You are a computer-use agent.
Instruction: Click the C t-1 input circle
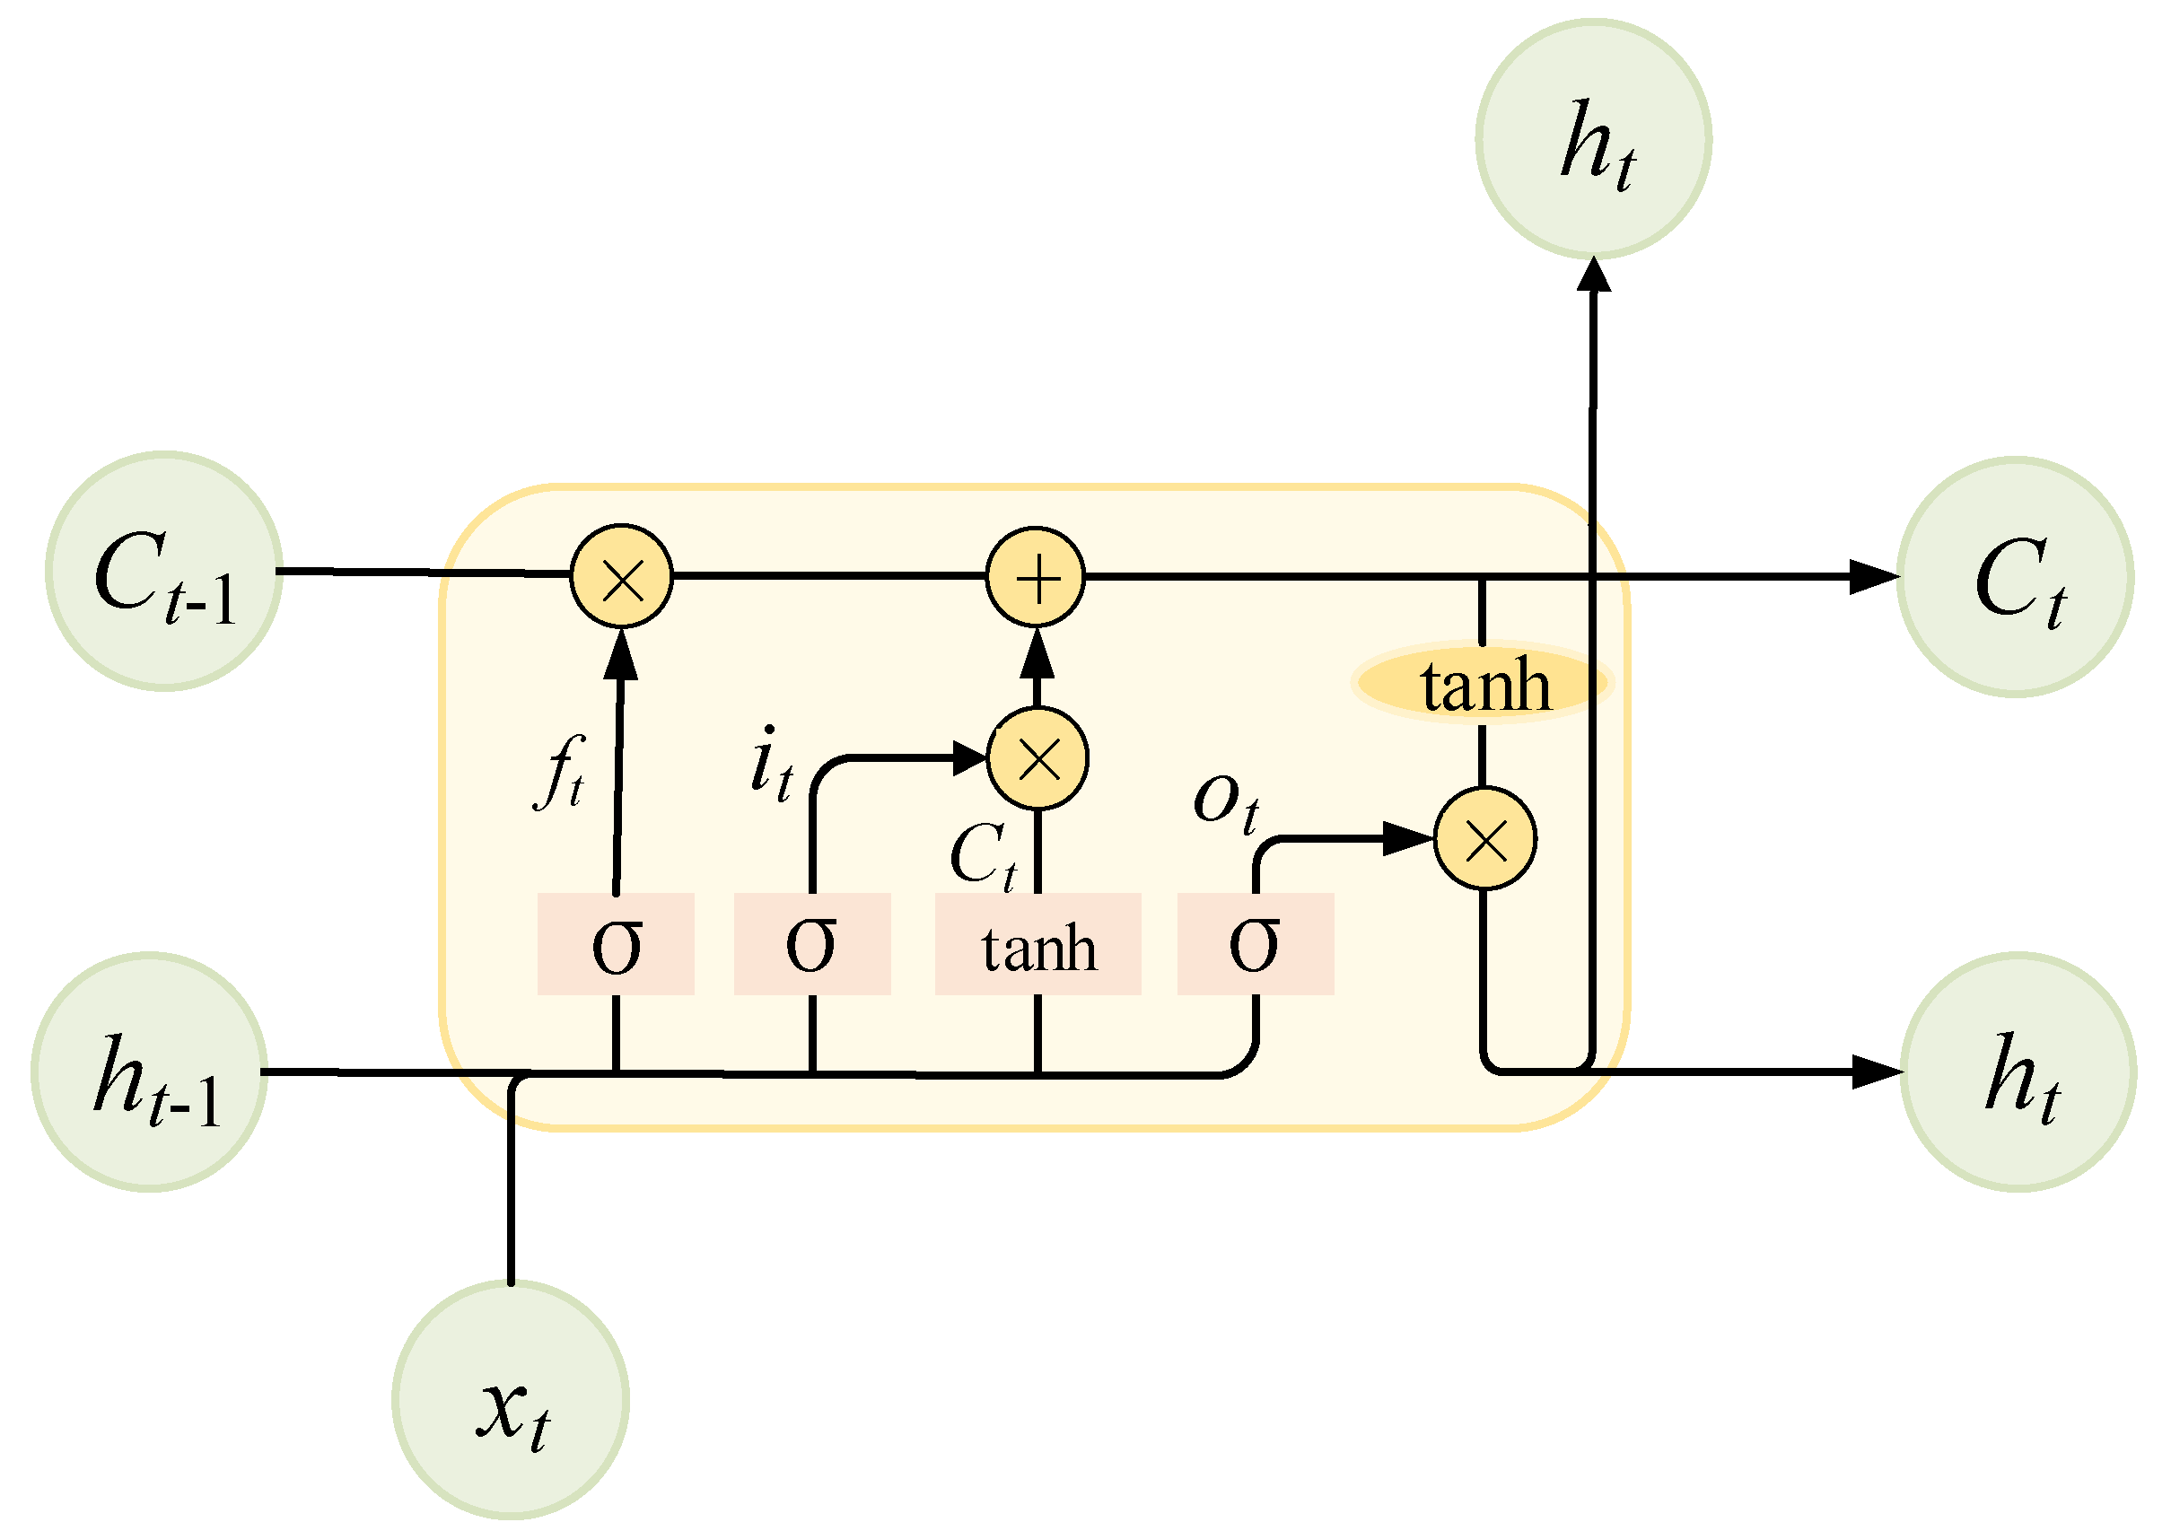(163, 571)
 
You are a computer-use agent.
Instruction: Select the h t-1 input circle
(149, 1072)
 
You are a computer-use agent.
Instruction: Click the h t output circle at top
(1593, 139)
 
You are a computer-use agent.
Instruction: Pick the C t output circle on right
(2015, 577)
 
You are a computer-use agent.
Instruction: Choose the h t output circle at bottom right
(2018, 1072)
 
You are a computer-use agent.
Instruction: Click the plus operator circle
(1036, 577)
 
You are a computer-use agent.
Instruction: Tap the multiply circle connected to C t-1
(621, 575)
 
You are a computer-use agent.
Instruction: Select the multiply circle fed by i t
(1037, 757)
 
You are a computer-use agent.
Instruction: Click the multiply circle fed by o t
(1484, 839)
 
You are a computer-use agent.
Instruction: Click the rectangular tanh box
(1037, 943)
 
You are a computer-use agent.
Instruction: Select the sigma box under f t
(616, 943)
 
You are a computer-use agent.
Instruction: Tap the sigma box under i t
(812, 943)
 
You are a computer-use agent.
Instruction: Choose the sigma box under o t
(1255, 943)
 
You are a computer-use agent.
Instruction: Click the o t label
(1225, 801)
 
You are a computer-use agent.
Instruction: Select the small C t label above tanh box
(983, 854)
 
